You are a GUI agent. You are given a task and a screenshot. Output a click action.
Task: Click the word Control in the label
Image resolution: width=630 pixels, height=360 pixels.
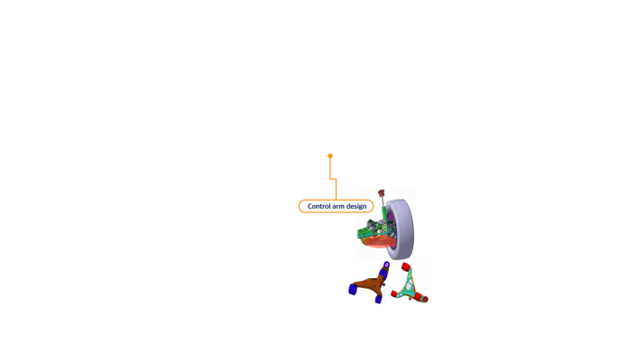[x=319, y=206]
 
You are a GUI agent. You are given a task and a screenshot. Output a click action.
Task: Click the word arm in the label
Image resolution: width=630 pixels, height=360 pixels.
[x=338, y=206]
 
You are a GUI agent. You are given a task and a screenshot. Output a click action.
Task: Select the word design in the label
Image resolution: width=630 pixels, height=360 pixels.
[x=356, y=206]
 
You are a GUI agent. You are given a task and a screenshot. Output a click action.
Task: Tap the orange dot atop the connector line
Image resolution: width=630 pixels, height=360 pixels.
[x=330, y=156]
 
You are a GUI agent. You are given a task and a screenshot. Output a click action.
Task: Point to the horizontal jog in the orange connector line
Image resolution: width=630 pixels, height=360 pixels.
[x=333, y=179]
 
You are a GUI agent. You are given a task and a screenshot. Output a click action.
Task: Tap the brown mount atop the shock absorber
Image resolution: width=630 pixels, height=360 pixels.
[x=382, y=193]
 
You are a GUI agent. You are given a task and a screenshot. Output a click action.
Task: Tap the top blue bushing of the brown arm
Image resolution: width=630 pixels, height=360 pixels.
[x=385, y=267]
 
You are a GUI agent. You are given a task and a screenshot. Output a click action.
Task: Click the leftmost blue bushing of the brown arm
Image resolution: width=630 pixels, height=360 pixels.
[x=353, y=289]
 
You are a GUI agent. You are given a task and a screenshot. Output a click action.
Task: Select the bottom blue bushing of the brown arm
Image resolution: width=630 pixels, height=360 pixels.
[x=378, y=299]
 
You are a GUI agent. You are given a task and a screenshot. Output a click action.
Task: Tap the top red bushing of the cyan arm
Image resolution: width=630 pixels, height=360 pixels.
[x=406, y=267]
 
